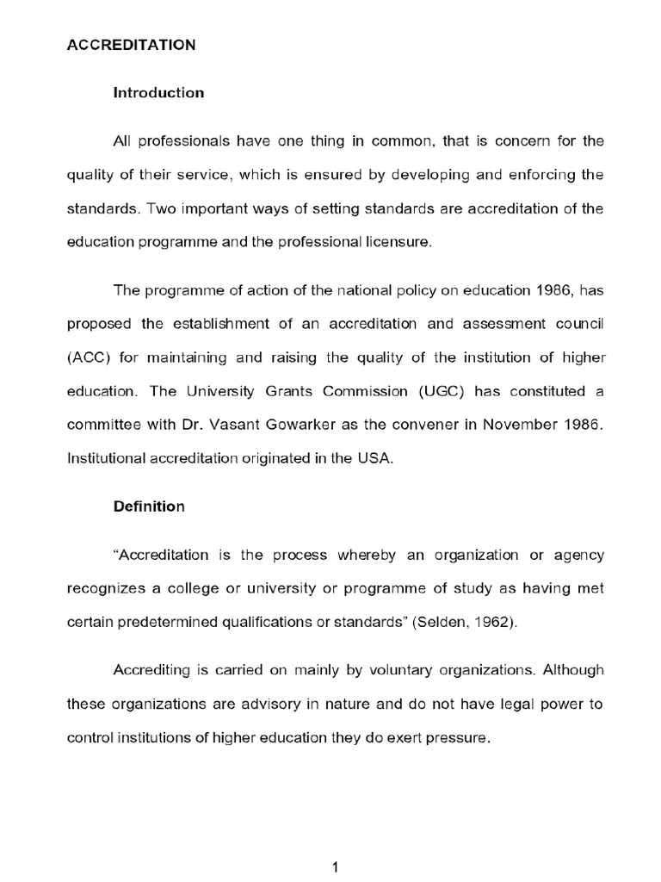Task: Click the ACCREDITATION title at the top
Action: [x=132, y=46]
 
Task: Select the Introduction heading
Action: [x=158, y=93]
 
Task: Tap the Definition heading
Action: [x=149, y=506]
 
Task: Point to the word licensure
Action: [x=396, y=242]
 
